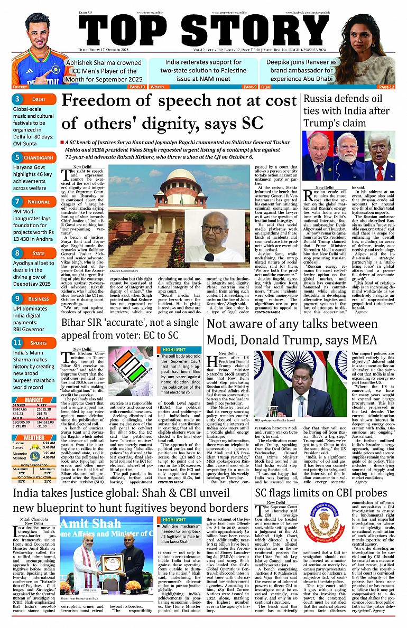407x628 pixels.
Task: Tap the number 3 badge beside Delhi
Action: (17, 99)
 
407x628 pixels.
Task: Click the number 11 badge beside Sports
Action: (17, 342)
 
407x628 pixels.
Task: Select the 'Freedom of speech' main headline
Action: (179, 111)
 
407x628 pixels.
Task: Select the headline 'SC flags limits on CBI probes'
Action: (321, 493)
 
